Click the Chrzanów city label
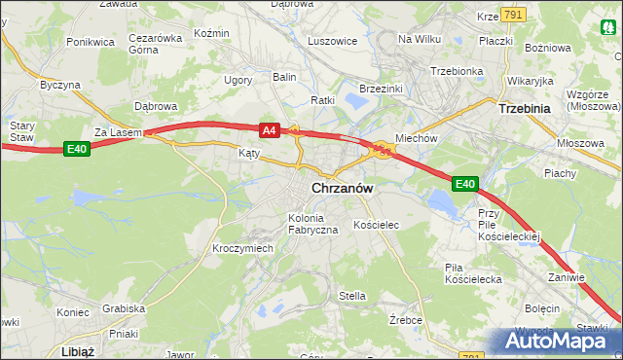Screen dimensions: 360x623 [343, 189]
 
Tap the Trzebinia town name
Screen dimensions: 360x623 [526, 109]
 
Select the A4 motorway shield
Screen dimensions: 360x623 [270, 128]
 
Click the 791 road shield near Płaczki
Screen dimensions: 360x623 [514, 14]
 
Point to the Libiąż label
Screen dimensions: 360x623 [75, 351]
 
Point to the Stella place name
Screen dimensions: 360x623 [351, 295]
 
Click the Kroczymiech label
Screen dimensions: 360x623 [242, 248]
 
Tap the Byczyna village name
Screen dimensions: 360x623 [59, 85]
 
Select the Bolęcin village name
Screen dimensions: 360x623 [541, 307]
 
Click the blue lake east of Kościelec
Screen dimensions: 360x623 [443, 203]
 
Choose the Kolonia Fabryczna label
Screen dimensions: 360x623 [311, 223]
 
